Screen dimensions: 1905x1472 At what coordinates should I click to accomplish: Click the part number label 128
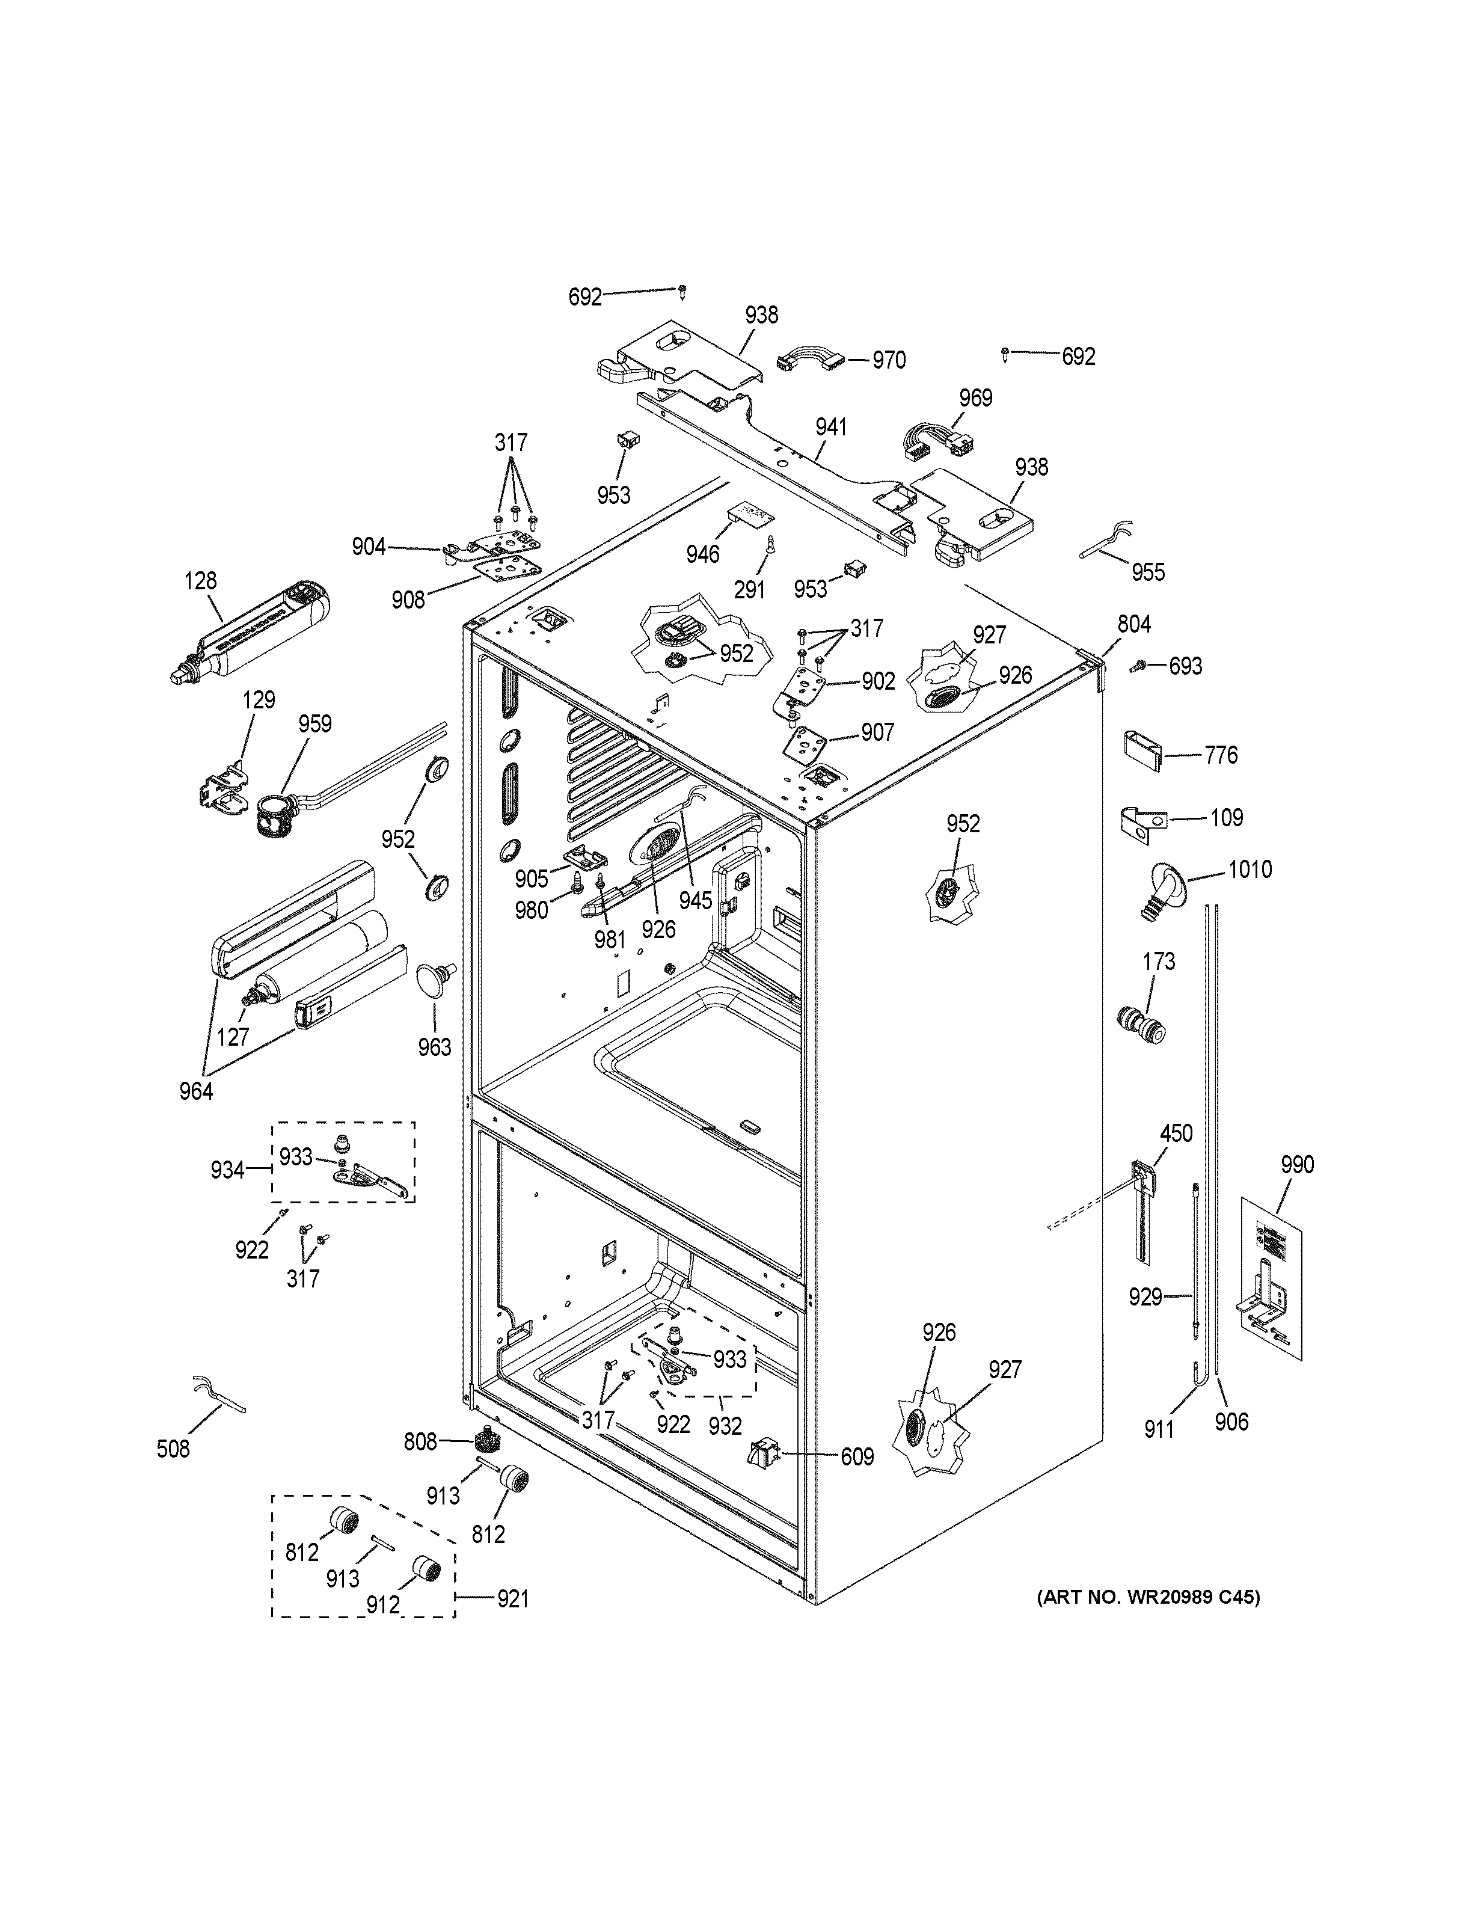(x=201, y=581)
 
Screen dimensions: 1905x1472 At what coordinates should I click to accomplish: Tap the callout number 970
(x=889, y=360)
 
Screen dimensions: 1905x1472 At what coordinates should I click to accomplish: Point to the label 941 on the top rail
(x=831, y=428)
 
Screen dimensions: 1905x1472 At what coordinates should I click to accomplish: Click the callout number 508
(x=173, y=1449)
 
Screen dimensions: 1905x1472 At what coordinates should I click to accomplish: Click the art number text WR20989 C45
(x=1148, y=1597)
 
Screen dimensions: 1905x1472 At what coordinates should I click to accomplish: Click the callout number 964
(x=195, y=1090)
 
